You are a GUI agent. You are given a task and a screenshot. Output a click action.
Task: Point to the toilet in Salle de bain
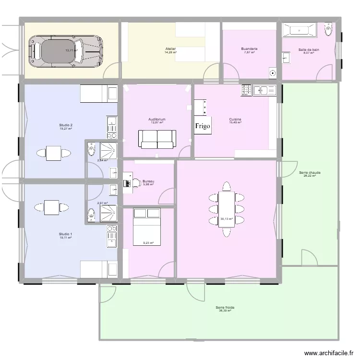tap(329, 31)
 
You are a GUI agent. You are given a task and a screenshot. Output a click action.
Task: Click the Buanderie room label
tap(249, 49)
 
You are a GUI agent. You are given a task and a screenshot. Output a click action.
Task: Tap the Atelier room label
tap(170, 49)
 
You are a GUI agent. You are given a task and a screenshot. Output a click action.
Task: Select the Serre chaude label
tap(309, 172)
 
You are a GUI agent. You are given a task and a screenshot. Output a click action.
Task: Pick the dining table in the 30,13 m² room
tap(226, 208)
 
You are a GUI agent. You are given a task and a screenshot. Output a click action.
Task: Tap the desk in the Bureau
tap(128, 182)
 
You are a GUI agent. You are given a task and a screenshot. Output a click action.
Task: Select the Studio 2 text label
tap(66, 125)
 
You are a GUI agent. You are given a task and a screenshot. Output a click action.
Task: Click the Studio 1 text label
tap(65, 234)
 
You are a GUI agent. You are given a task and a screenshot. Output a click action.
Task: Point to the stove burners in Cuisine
tap(246, 89)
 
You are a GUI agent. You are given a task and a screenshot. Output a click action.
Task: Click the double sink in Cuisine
tap(265, 89)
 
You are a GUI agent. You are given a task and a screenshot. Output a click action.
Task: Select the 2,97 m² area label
tap(102, 203)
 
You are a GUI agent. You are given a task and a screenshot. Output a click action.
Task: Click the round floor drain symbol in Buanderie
tap(273, 73)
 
